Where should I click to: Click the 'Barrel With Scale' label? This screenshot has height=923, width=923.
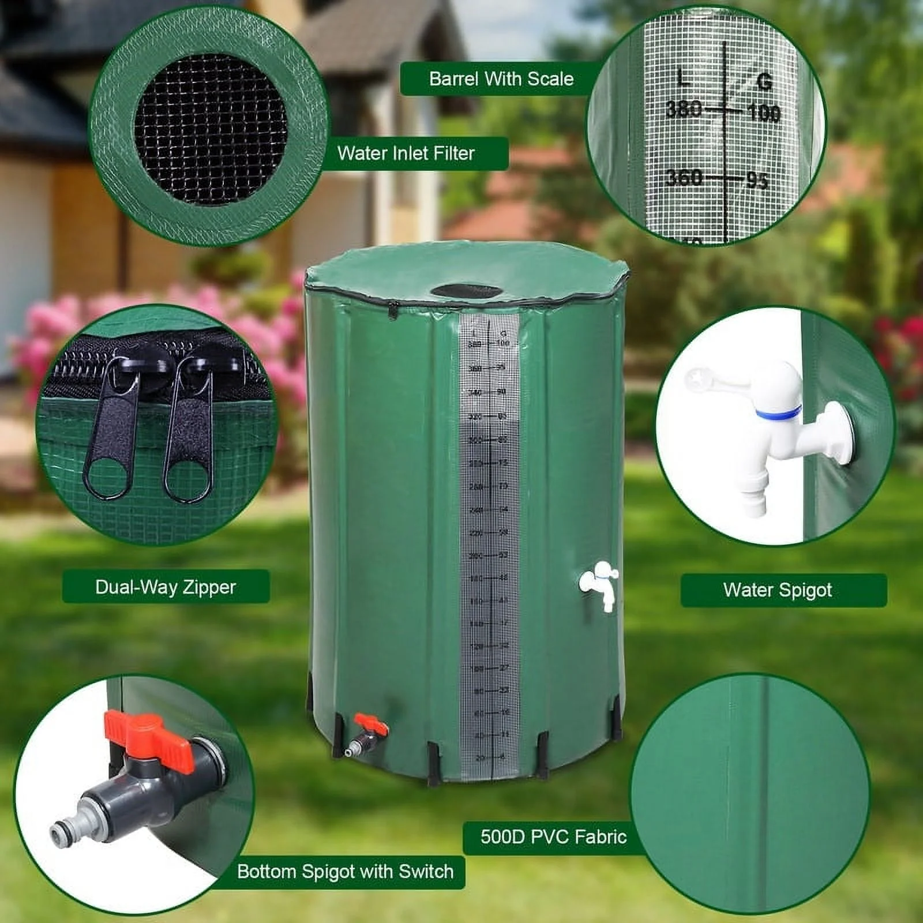click(x=501, y=79)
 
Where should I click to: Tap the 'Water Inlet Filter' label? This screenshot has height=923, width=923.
click(x=406, y=153)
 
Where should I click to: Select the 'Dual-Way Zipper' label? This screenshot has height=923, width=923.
click(x=166, y=587)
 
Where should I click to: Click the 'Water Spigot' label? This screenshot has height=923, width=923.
click(x=777, y=590)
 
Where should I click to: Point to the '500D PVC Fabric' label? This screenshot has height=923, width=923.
click(x=553, y=837)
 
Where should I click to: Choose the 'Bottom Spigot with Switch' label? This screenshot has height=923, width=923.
click(x=345, y=871)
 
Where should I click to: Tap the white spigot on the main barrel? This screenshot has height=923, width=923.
click(x=600, y=583)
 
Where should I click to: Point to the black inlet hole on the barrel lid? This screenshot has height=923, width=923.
click(x=467, y=291)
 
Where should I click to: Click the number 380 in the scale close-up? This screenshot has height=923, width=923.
click(x=684, y=109)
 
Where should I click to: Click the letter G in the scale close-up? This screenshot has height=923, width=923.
click(x=764, y=82)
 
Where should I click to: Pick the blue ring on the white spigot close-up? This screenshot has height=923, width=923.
click(x=779, y=412)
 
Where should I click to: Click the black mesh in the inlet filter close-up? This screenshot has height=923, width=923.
click(x=211, y=130)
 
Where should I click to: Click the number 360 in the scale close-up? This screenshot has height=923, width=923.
click(x=684, y=178)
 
